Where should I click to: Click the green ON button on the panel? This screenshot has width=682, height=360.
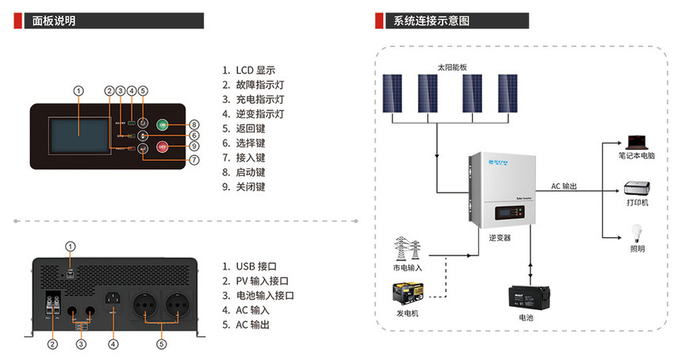coord(162,124)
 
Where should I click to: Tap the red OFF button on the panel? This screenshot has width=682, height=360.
coord(162,147)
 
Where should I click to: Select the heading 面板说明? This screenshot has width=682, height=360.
coord(54,21)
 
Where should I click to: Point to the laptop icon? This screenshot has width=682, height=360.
coord(636,142)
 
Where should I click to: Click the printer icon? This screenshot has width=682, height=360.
coord(637,189)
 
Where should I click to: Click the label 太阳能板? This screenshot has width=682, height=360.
coord(453,68)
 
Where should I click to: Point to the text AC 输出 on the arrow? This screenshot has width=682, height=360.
coord(564,186)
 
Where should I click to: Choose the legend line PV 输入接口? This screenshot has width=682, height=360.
coord(262,281)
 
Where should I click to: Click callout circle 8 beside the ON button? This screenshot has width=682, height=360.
coord(193,124)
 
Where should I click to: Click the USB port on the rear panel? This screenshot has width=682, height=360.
coord(71,272)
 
